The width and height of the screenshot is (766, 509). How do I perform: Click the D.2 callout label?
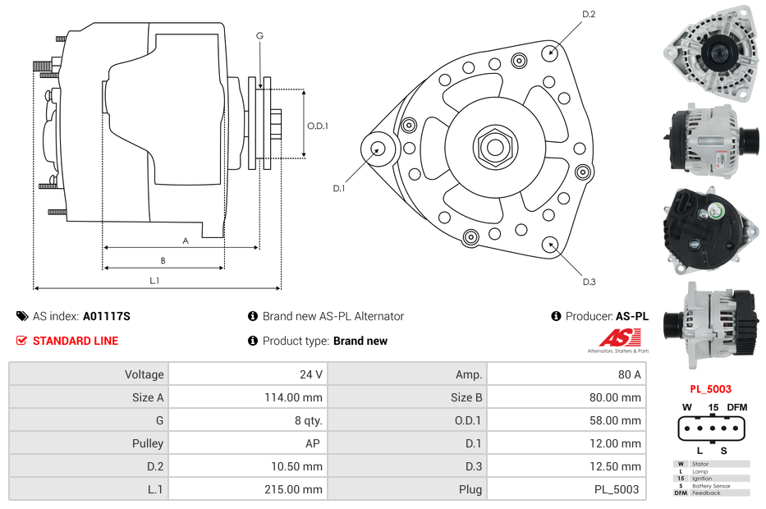tap(589, 14)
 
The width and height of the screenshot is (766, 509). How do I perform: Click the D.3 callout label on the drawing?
tap(589, 282)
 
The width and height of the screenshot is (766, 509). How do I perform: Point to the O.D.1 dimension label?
tap(318, 126)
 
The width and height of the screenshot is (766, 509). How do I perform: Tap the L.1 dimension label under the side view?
tap(154, 281)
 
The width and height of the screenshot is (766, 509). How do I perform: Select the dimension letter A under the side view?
tap(186, 241)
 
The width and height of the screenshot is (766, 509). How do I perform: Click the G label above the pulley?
tap(259, 35)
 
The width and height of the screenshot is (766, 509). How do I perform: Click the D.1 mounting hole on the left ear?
tap(378, 149)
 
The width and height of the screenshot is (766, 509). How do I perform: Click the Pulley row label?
tap(148, 443)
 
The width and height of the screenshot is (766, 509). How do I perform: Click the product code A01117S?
tap(107, 316)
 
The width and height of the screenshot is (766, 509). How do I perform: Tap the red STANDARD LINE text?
tap(76, 341)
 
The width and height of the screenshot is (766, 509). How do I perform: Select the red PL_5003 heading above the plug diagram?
tap(710, 389)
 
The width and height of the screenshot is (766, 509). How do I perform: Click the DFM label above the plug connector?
tap(737, 407)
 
